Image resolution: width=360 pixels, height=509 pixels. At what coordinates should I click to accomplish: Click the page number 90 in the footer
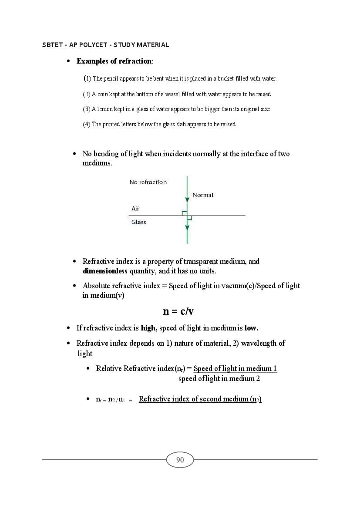click(x=180, y=460)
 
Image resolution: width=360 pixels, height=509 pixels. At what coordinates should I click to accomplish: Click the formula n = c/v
click(x=178, y=311)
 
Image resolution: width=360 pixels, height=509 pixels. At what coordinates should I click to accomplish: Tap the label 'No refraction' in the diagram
click(x=148, y=182)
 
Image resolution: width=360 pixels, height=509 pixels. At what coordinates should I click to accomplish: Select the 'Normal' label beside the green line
click(x=203, y=195)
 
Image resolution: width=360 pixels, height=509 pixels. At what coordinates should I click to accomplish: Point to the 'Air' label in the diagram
click(x=135, y=209)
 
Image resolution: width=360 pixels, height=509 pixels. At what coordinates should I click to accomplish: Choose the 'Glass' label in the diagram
click(x=138, y=222)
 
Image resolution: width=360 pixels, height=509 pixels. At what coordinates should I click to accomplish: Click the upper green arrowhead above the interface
click(x=187, y=199)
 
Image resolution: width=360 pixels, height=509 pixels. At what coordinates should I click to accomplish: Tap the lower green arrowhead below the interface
click(x=187, y=227)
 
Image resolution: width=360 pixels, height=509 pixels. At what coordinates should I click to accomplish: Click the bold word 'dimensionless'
click(x=105, y=271)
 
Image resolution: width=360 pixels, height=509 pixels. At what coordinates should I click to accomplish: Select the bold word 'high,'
click(x=148, y=328)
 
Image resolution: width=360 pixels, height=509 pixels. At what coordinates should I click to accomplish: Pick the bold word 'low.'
click(x=254, y=328)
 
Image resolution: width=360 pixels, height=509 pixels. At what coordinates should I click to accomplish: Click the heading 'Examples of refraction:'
click(x=114, y=61)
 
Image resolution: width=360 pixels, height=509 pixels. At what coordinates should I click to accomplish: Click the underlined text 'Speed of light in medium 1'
click(x=235, y=369)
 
